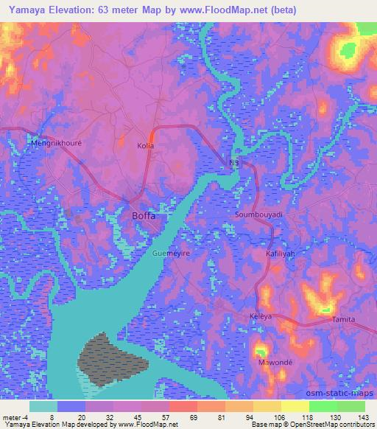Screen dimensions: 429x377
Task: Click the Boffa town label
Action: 144,216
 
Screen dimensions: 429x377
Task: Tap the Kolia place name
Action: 146,147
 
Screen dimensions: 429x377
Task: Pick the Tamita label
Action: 343,319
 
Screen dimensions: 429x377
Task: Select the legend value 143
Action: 364,416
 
